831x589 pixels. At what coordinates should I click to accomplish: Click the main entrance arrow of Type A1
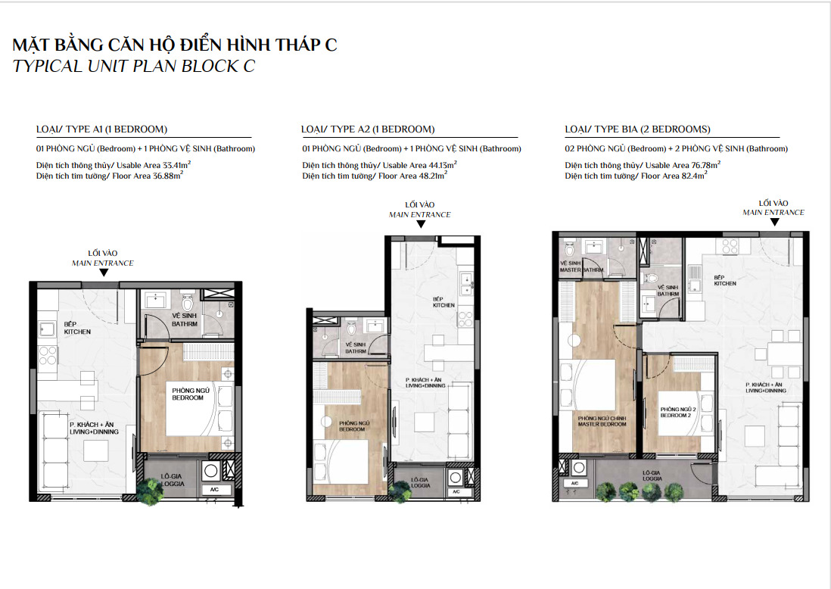104,273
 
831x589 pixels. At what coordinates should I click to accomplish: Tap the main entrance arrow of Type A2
421,224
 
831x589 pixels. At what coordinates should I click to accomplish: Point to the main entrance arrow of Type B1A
774,222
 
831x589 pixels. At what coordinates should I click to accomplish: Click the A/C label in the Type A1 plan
214,489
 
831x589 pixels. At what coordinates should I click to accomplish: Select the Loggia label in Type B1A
652,475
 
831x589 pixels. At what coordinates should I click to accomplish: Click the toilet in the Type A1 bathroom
188,301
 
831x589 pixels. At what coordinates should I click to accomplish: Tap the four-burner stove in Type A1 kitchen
47,356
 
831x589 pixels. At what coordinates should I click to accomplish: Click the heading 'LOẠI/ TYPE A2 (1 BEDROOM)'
368,129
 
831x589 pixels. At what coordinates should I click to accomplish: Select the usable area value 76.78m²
706,165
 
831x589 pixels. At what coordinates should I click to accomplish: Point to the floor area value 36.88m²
168,176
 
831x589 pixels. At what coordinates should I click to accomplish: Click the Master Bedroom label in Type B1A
602,422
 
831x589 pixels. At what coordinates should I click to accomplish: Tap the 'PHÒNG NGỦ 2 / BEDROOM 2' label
678,413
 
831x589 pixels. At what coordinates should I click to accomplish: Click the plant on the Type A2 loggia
399,491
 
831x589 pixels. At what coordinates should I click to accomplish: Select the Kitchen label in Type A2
444,302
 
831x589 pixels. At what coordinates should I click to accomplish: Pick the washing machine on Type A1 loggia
210,471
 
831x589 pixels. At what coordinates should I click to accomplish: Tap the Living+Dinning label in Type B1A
766,388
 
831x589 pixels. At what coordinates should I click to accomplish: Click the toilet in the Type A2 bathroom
351,328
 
